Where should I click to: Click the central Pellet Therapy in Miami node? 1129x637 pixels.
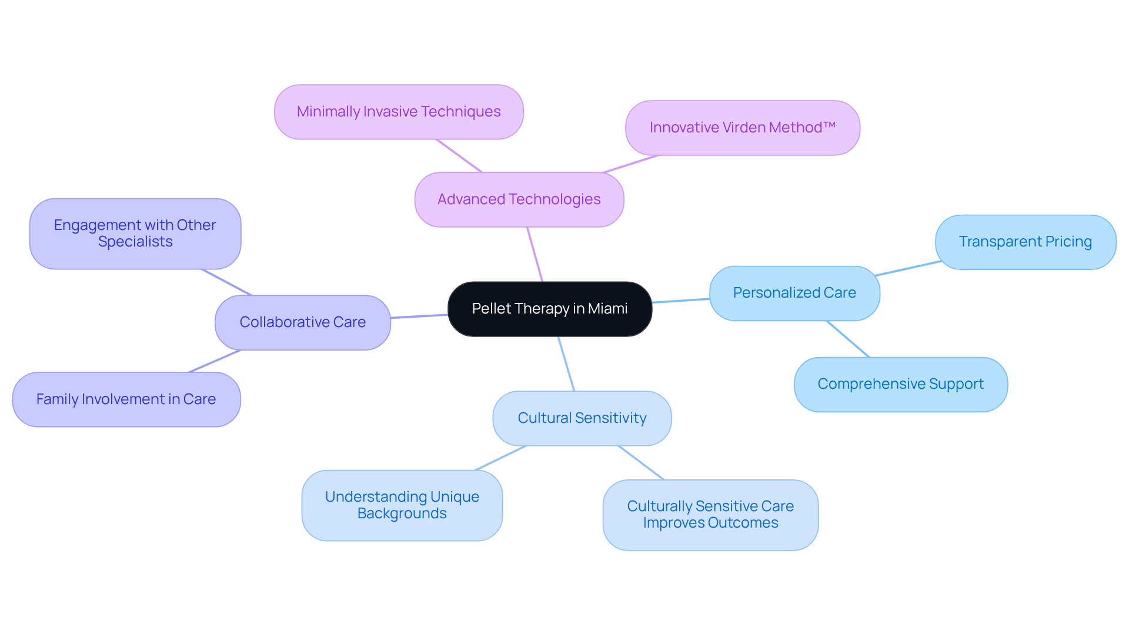(549, 309)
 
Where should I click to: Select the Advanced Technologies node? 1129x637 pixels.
(519, 199)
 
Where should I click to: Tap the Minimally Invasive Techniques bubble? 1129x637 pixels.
(399, 112)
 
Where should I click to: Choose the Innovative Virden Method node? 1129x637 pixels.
(742, 128)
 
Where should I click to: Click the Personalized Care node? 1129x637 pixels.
(794, 293)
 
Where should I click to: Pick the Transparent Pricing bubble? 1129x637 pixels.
(1025, 242)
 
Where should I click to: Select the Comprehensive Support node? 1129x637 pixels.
(900, 384)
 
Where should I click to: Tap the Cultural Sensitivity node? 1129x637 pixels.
(582, 418)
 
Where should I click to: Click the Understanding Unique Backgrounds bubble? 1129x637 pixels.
(402, 505)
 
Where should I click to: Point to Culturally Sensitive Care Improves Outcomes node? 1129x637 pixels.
(710, 515)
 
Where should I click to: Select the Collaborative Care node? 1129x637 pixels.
(302, 322)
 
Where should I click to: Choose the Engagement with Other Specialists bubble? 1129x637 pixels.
(135, 234)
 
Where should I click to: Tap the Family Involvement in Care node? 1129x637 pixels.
(126, 399)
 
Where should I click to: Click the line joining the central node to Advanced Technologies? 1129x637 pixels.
(535, 255)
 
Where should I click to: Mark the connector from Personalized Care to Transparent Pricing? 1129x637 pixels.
(907, 268)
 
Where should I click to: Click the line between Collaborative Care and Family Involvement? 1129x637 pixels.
(215, 361)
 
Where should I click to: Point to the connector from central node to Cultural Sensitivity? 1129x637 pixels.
(566, 363)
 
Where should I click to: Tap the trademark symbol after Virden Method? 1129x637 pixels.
(830, 126)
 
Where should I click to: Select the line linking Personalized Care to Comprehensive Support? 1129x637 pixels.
(848, 339)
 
